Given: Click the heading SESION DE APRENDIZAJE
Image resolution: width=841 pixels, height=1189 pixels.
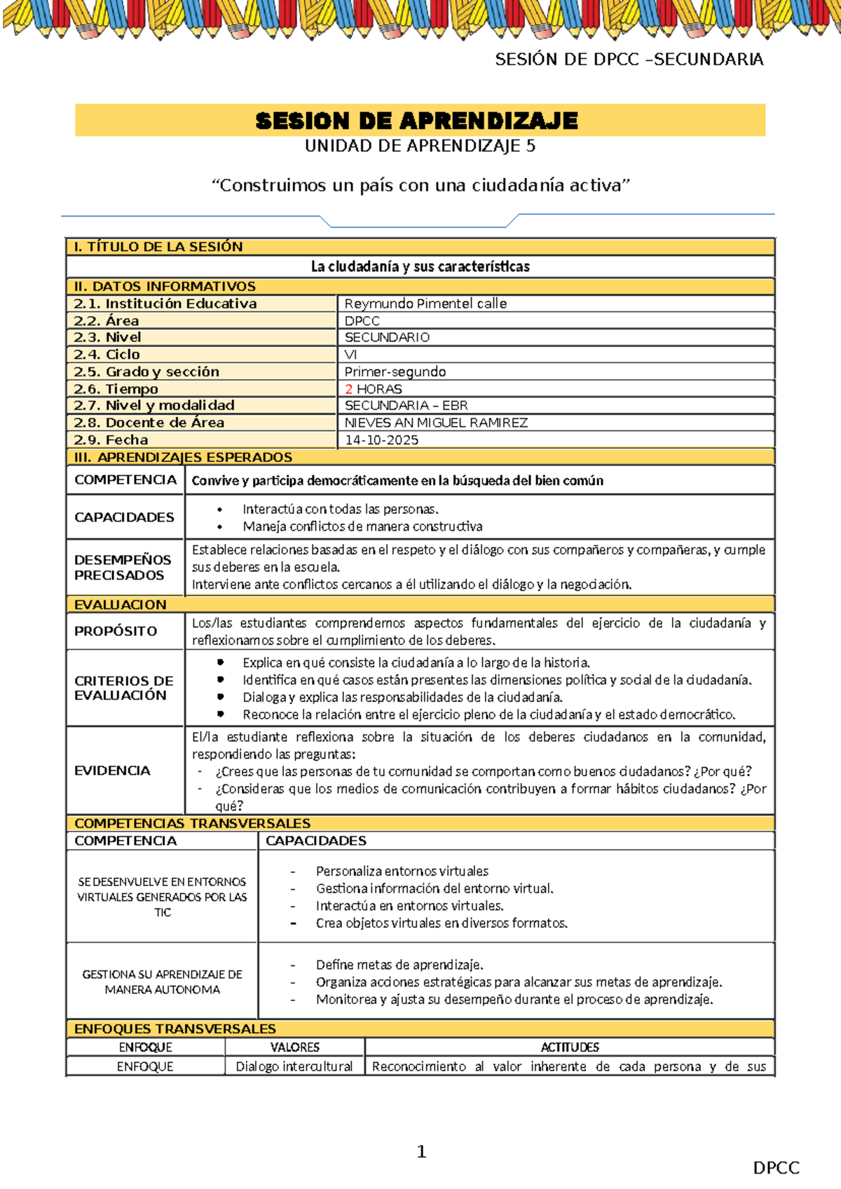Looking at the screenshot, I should (x=417, y=121).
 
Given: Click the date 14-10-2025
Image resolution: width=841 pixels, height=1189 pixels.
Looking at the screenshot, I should (x=381, y=440).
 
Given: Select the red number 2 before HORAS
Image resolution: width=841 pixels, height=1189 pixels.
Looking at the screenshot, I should (x=348, y=389).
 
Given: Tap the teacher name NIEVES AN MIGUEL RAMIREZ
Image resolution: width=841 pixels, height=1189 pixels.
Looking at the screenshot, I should (x=436, y=423).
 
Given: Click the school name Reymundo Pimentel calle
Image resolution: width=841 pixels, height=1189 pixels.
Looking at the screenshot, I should (x=425, y=304).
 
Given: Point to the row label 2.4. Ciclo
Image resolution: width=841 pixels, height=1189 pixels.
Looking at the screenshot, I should (x=107, y=355).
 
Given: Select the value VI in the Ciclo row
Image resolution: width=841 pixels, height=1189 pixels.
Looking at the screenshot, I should (x=350, y=355).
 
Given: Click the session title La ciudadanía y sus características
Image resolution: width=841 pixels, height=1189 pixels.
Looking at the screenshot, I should (x=420, y=266).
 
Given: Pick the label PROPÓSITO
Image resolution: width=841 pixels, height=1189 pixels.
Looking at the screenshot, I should (x=116, y=631).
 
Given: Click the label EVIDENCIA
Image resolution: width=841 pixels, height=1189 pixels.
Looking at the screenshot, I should (x=112, y=770).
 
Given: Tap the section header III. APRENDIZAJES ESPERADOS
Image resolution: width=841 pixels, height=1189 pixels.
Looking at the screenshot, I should (x=183, y=457).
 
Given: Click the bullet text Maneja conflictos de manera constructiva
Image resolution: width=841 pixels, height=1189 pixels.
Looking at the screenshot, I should (x=362, y=526).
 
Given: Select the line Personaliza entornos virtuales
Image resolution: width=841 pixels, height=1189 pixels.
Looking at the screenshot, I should (x=402, y=871).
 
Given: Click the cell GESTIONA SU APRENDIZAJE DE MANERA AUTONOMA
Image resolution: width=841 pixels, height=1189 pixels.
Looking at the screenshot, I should (x=162, y=981).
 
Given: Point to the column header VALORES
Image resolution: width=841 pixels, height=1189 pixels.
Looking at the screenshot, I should (x=294, y=1047).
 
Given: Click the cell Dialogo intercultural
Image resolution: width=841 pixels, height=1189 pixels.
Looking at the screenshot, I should (x=294, y=1066).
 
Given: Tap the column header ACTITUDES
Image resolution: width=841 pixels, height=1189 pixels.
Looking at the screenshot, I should (x=569, y=1047).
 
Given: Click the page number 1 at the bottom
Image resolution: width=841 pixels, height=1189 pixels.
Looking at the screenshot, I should (x=421, y=1151).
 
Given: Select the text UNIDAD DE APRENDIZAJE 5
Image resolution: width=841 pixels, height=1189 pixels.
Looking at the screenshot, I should (x=420, y=146).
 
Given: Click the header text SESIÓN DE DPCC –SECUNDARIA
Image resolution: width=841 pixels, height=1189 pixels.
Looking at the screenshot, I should (x=629, y=60).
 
